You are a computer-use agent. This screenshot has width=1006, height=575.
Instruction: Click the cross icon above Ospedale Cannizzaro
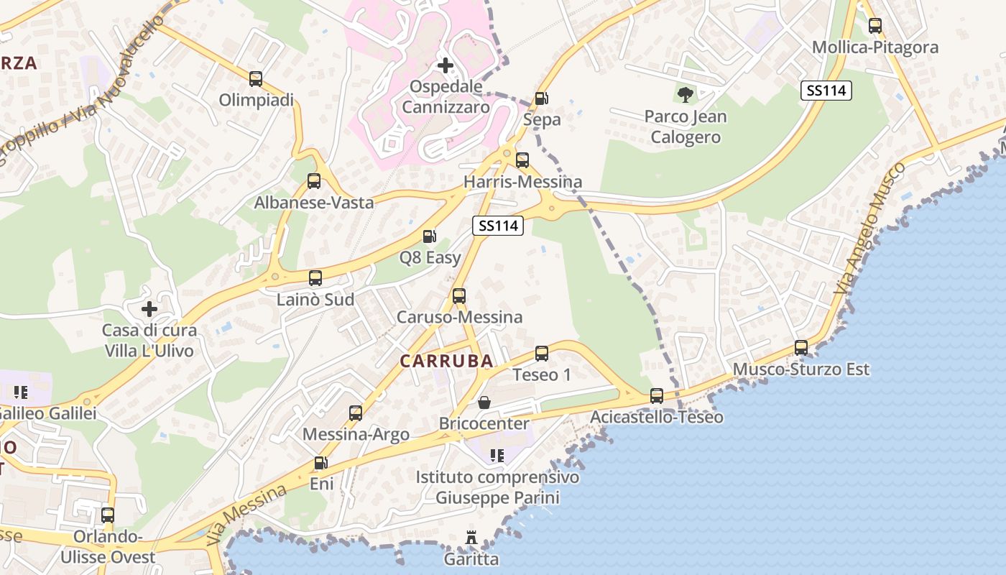tap(446, 65)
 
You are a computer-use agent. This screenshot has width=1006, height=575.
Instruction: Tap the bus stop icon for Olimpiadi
tap(256, 79)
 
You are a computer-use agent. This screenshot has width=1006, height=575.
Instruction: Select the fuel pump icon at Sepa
tap(542, 98)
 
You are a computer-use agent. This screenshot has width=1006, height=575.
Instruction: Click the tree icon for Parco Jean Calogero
tap(686, 94)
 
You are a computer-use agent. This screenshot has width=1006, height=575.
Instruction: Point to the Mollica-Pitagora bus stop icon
tap(875, 26)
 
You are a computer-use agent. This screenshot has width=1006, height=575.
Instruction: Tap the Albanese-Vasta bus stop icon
tap(314, 181)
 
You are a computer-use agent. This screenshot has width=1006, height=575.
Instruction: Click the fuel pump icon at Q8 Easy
tap(429, 236)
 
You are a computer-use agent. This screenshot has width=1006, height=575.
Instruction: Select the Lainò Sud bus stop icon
tap(315, 278)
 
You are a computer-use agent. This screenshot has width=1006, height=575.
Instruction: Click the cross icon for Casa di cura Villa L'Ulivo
tap(149, 309)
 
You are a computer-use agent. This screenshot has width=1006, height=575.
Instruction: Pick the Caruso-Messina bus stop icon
tap(459, 295)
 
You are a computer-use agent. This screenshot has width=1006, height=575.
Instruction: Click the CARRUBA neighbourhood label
tap(446, 361)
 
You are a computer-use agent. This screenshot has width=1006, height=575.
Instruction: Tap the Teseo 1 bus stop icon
tap(542, 353)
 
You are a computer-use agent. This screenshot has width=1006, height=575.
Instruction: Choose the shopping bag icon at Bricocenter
tap(484, 402)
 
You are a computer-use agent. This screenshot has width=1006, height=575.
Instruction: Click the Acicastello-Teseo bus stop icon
tap(656, 395)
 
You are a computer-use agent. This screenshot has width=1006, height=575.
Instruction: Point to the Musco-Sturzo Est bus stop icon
tap(800, 348)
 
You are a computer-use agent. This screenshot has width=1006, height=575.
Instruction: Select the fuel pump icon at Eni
tap(321, 463)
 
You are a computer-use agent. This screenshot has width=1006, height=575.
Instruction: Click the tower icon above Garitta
tap(471, 538)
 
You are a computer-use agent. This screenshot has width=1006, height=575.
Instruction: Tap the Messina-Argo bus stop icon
tap(356, 413)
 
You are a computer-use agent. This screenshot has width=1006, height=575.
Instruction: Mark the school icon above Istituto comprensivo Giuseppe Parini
tap(497, 455)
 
